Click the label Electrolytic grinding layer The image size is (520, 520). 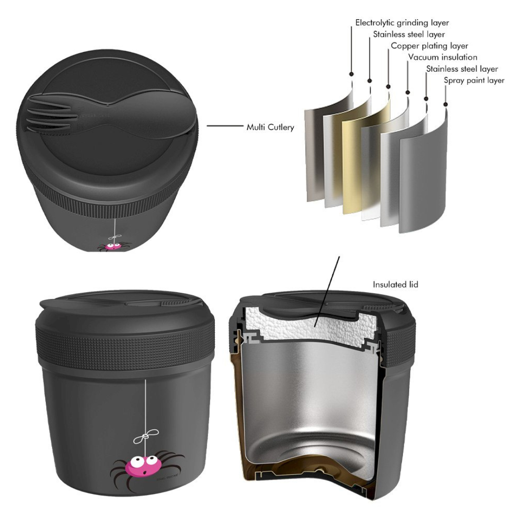click(402, 23)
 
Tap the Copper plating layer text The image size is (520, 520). click(429, 46)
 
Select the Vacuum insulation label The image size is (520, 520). click(442, 58)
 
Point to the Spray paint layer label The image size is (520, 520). click(474, 80)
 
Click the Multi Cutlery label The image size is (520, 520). click(270, 128)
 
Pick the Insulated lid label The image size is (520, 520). click(395, 285)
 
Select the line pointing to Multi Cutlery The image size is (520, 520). click(224, 126)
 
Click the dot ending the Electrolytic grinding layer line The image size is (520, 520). click(351, 74)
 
